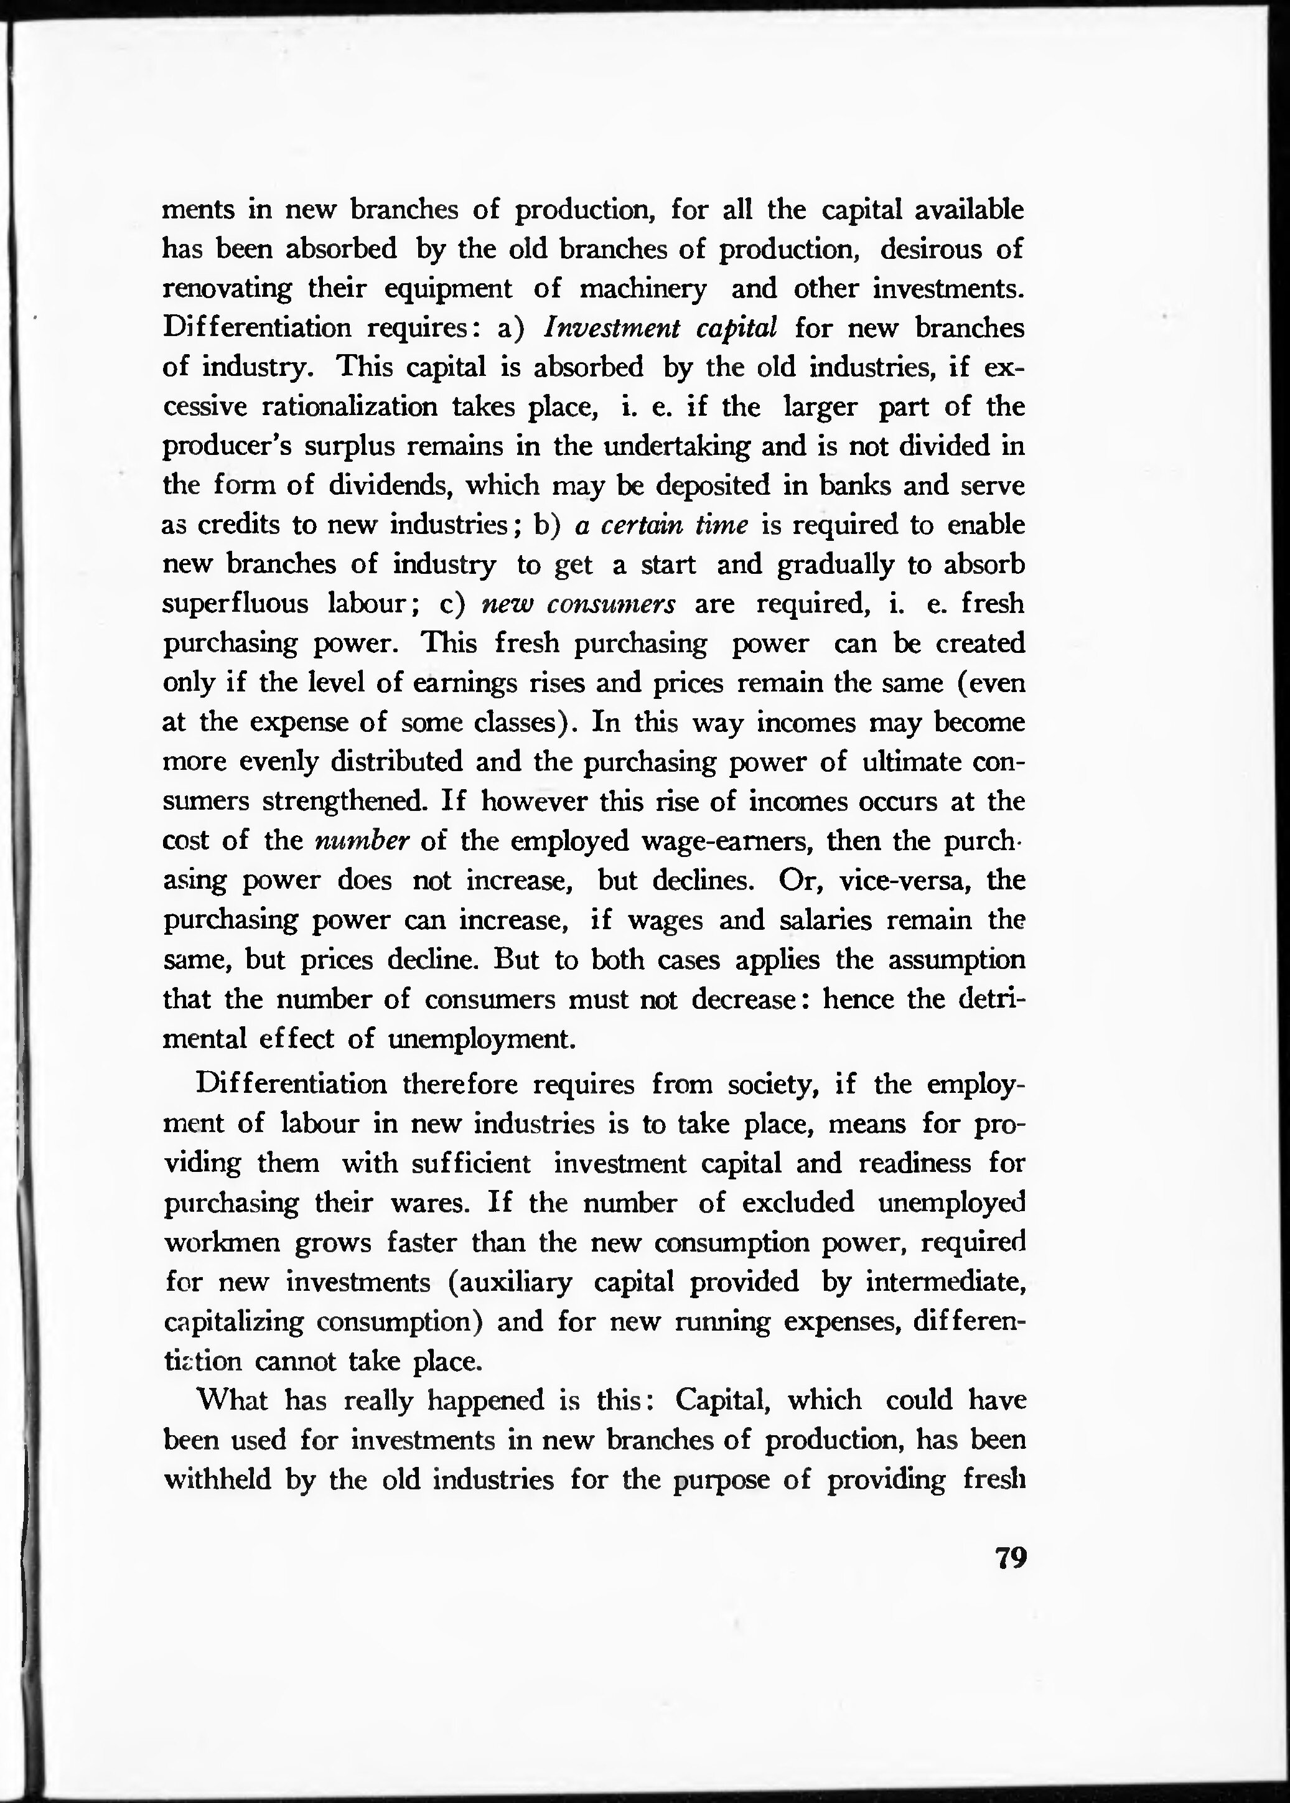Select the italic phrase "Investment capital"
pyautogui.click(x=659, y=327)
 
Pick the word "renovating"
pyautogui.click(x=227, y=288)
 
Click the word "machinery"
pyautogui.click(x=643, y=288)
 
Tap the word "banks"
pyautogui.click(x=846, y=485)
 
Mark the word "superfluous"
pyautogui.click(x=235, y=604)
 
